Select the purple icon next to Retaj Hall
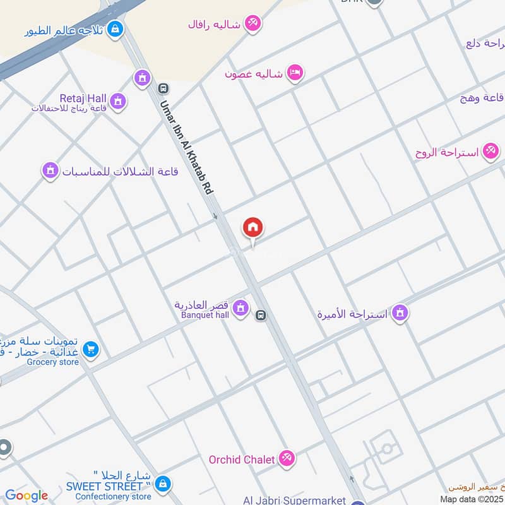(117, 100)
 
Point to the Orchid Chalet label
(242, 460)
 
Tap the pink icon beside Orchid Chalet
(287, 458)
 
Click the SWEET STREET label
(105, 487)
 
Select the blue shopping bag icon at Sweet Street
(163, 484)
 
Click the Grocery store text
(53, 362)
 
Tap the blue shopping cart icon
(91, 348)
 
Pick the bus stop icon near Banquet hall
(261, 314)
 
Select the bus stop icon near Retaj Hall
(163, 88)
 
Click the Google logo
(27, 496)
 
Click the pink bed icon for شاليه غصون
(295, 73)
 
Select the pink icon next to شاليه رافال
(253, 23)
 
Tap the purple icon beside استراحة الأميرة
(399, 312)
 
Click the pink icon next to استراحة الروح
(489, 151)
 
